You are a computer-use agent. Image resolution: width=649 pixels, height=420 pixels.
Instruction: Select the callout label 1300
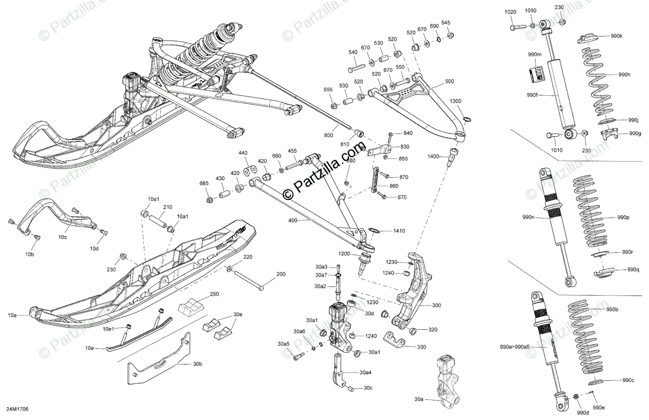455,101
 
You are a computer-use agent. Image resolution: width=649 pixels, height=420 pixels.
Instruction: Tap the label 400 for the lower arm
294,221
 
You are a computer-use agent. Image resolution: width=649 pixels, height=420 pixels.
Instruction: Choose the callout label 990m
535,55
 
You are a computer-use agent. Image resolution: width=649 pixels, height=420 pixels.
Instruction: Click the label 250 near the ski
215,295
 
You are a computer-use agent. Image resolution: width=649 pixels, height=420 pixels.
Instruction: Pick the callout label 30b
197,364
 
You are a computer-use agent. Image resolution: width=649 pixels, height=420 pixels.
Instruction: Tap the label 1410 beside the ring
399,231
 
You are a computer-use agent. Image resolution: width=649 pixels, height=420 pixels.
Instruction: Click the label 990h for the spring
625,75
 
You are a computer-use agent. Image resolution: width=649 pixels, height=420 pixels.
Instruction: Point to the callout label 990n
528,217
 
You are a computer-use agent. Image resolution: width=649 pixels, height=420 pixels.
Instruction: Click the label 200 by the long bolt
281,275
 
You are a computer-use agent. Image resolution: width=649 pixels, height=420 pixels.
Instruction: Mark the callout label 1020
511,12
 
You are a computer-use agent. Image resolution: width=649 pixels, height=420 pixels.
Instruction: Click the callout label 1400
434,156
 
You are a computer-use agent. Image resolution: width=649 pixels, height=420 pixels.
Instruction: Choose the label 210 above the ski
168,207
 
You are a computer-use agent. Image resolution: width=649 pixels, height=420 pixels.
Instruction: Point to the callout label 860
394,186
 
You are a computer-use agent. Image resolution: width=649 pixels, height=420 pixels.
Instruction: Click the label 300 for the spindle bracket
436,305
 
